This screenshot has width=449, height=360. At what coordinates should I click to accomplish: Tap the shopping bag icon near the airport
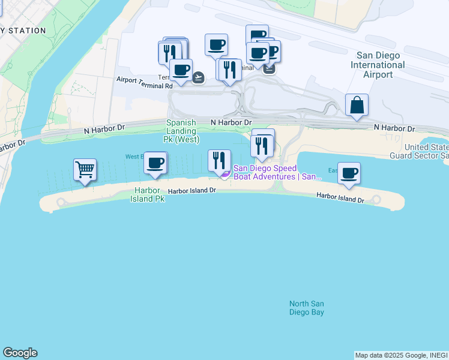[x=357, y=104]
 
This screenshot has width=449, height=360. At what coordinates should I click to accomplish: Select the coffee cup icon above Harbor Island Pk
[x=155, y=163]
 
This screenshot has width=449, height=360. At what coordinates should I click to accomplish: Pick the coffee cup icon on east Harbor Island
[x=349, y=173]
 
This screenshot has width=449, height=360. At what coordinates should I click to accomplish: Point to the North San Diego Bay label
[x=307, y=308]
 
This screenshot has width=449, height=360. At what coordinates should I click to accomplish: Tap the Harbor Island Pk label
[x=147, y=194]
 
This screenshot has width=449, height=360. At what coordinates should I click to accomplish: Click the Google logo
[x=20, y=353]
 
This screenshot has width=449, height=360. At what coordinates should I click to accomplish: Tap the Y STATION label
[x=23, y=31]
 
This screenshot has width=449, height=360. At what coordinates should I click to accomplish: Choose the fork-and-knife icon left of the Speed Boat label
[x=219, y=160]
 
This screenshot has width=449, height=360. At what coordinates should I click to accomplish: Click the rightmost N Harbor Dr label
[x=394, y=128]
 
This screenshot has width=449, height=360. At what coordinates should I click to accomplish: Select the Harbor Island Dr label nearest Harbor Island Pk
[x=191, y=191]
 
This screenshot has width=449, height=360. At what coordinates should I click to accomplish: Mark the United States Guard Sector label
[x=426, y=152]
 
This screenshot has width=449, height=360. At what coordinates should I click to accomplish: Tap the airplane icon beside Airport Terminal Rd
[x=198, y=77]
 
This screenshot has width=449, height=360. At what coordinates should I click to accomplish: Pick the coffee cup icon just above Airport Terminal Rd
[x=181, y=69]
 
